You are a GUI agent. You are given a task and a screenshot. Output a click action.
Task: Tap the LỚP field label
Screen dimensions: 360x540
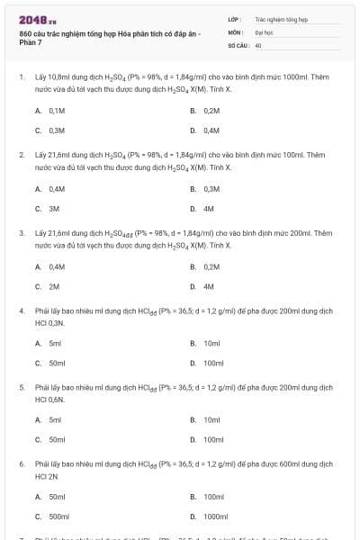click(234, 18)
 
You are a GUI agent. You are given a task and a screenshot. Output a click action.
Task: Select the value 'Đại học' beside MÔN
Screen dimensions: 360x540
click(264, 31)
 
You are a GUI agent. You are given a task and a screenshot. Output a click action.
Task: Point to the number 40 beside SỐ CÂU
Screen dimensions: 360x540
click(257, 44)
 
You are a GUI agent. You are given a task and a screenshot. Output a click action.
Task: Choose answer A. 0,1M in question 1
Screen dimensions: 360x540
click(50, 111)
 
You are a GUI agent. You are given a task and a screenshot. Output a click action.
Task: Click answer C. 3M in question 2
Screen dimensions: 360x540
click(48, 208)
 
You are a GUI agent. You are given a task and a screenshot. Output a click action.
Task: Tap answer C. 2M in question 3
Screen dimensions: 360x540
click(48, 286)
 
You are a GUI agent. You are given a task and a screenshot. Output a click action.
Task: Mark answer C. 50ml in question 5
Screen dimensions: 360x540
click(50, 440)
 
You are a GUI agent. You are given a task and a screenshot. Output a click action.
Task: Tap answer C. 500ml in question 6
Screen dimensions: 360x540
click(52, 517)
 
